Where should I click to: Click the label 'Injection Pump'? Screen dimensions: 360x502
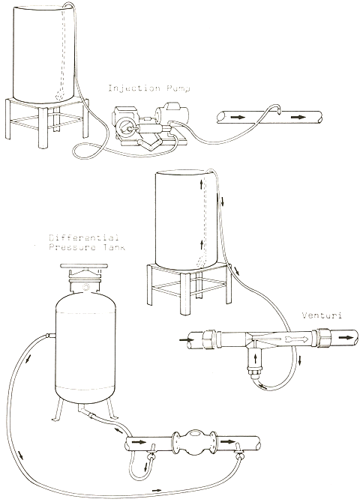click(x=149, y=88)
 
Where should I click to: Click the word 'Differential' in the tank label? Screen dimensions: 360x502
click(x=84, y=238)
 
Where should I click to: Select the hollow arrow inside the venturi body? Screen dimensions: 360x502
click(x=296, y=339)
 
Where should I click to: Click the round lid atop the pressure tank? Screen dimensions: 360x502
click(x=84, y=266)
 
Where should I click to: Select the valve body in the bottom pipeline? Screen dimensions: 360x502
click(x=194, y=442)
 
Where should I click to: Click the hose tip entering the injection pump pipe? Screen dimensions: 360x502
click(x=278, y=111)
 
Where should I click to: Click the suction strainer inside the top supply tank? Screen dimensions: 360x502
click(x=60, y=94)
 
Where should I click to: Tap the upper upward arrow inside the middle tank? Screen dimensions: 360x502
click(x=201, y=184)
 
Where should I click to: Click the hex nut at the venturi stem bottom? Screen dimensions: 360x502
click(x=255, y=373)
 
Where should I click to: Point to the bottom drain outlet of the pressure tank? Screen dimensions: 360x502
click(x=82, y=410)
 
